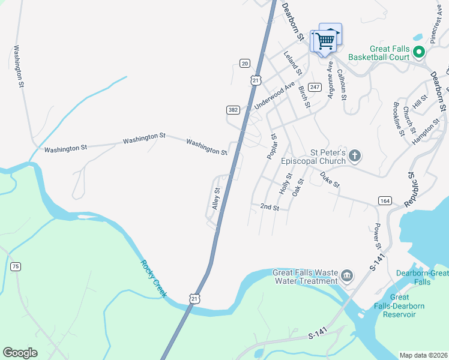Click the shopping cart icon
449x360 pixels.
click(x=325, y=41)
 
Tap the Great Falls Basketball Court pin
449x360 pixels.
click(x=418, y=52)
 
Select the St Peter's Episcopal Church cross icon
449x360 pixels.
click(x=355, y=157)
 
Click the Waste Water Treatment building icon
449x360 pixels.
click(x=346, y=276)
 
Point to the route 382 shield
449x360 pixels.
click(x=233, y=110)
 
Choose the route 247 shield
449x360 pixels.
click(x=314, y=87)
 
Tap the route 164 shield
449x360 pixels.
click(x=384, y=200)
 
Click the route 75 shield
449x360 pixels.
click(x=16, y=266)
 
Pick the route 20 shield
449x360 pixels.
click(x=244, y=63)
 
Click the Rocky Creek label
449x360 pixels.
click(x=154, y=278)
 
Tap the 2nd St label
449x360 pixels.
click(x=270, y=208)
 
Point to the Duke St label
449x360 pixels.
click(x=330, y=179)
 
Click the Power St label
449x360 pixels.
click(x=378, y=236)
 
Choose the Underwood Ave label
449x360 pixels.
click(x=274, y=95)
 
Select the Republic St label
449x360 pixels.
click(x=411, y=190)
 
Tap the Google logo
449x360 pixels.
click(x=20, y=353)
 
